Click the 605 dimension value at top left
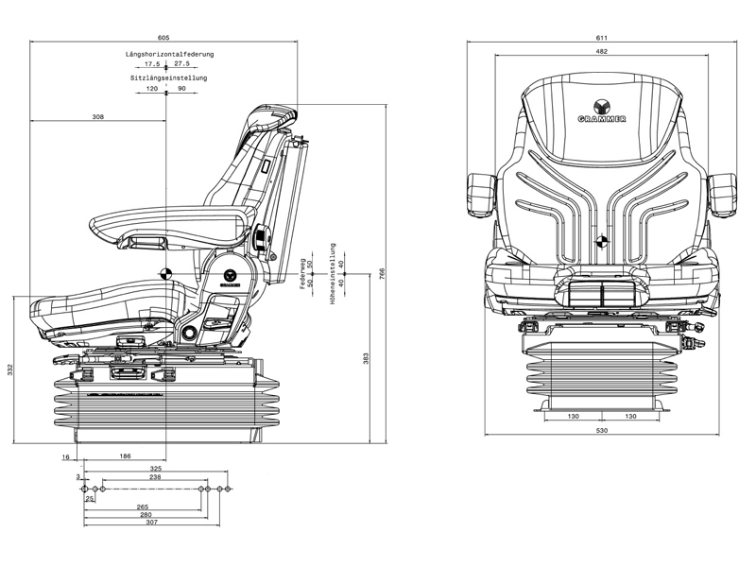(163, 37)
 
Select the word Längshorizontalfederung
(170, 55)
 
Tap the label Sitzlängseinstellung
(169, 77)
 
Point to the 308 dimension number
(98, 117)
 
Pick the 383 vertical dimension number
(365, 359)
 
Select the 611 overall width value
(601, 37)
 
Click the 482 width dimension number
(601, 51)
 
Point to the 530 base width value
(601, 431)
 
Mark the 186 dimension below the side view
(126, 456)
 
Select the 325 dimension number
(156, 469)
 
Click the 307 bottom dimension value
(151, 523)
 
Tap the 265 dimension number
(144, 506)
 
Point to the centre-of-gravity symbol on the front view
(601, 241)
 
